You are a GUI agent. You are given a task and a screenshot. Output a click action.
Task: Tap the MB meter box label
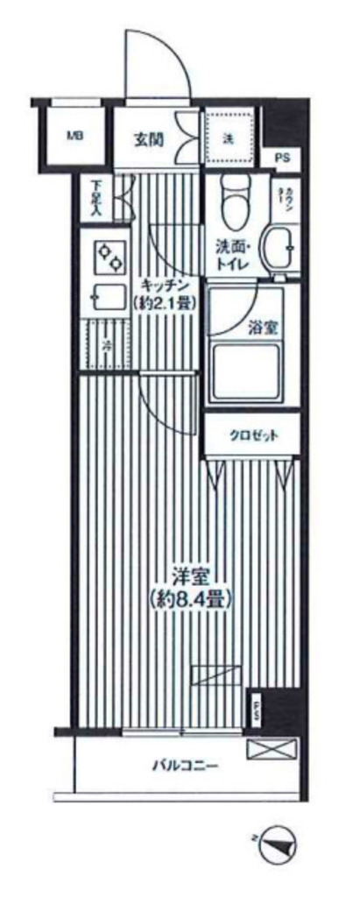tap(76, 136)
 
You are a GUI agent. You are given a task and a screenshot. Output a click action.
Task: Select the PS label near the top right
tap(281, 158)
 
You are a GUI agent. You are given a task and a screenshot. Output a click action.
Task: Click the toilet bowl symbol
tap(234, 201)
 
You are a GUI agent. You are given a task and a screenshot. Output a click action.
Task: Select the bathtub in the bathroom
tap(244, 368)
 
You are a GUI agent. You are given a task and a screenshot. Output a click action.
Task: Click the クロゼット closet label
tap(254, 435)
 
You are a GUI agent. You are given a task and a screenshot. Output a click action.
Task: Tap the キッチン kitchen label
tap(165, 284)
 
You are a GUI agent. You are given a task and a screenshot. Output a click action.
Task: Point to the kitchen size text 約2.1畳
tap(165, 302)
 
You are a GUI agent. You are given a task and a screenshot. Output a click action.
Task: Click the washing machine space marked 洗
tap(229, 138)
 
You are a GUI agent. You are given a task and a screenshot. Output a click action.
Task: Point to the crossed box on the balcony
tap(272, 749)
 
